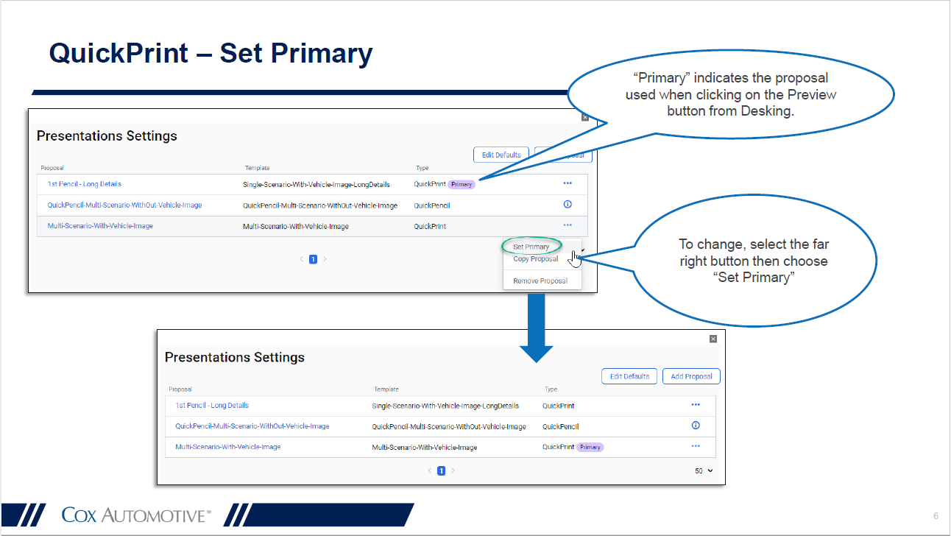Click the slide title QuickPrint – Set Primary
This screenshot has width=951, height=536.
tap(211, 53)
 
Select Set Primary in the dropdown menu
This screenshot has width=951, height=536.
tap(531, 247)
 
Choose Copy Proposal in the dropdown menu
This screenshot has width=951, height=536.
tap(535, 259)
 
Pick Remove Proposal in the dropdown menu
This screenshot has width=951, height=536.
tap(540, 281)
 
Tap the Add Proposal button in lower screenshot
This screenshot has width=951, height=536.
tap(691, 376)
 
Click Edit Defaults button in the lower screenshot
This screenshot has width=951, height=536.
tap(629, 376)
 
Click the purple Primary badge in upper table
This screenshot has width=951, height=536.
tap(462, 185)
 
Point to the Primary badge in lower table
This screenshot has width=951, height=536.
tap(590, 447)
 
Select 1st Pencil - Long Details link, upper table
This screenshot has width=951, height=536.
tap(85, 184)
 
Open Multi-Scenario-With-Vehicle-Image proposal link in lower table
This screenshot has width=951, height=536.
tap(227, 447)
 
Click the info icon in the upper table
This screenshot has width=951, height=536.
tap(567, 205)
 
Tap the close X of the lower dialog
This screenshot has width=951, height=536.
tap(713, 339)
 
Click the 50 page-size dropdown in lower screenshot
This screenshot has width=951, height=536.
tap(704, 470)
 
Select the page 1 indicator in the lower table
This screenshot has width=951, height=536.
tap(441, 470)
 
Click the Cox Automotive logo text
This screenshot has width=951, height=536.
tap(136, 515)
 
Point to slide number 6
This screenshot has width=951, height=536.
tap(936, 515)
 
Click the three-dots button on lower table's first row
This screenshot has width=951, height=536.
tap(696, 405)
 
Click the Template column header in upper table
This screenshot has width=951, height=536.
tap(258, 168)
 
